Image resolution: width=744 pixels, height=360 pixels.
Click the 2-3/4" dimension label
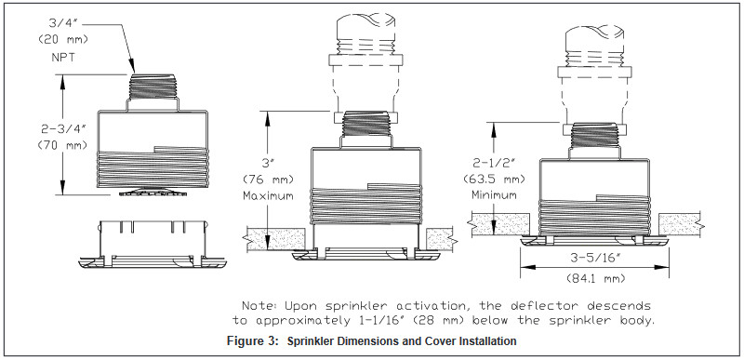63,128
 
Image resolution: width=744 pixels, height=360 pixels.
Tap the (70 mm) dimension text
62,145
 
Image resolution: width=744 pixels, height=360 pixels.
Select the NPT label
63,58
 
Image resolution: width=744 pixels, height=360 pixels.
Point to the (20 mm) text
63,40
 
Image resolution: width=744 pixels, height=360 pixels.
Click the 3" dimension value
266,163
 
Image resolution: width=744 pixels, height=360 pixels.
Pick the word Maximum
268,195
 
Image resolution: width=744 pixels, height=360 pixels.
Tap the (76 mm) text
268,180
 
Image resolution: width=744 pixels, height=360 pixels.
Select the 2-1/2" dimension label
494,163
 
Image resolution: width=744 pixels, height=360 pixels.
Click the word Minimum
494,195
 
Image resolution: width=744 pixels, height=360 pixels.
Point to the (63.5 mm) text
494,179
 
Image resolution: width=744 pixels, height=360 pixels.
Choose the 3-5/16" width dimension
594,259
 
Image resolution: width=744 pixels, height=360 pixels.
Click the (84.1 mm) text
595,278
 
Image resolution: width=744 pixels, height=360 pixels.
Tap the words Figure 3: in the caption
252,340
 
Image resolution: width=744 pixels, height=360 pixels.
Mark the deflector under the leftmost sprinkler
153,191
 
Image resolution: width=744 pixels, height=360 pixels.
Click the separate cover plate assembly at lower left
153,244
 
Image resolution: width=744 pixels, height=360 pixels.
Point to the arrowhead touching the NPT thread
132,67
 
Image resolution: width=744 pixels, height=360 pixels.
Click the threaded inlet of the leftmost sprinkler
153,87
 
